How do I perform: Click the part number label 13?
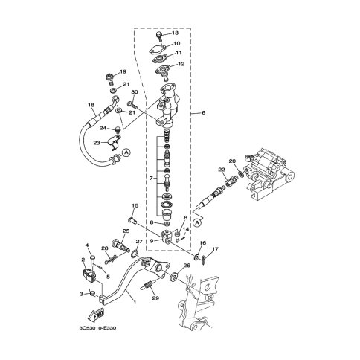(175, 33)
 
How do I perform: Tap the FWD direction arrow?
(96, 315)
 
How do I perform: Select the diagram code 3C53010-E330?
(97, 328)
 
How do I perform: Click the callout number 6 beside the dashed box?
(204, 112)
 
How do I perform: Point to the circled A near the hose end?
(126, 152)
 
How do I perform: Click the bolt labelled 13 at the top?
(160, 36)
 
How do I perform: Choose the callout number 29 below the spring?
(155, 298)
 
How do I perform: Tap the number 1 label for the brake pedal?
(135, 302)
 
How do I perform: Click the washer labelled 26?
(173, 276)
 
